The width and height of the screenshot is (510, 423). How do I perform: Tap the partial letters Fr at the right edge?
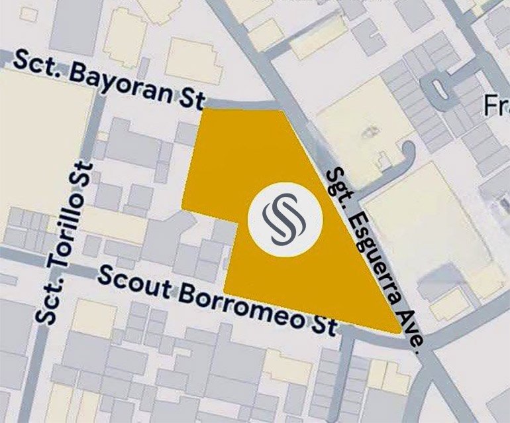click(x=496, y=105)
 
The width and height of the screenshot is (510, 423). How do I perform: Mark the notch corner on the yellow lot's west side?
click(x=238, y=223)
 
